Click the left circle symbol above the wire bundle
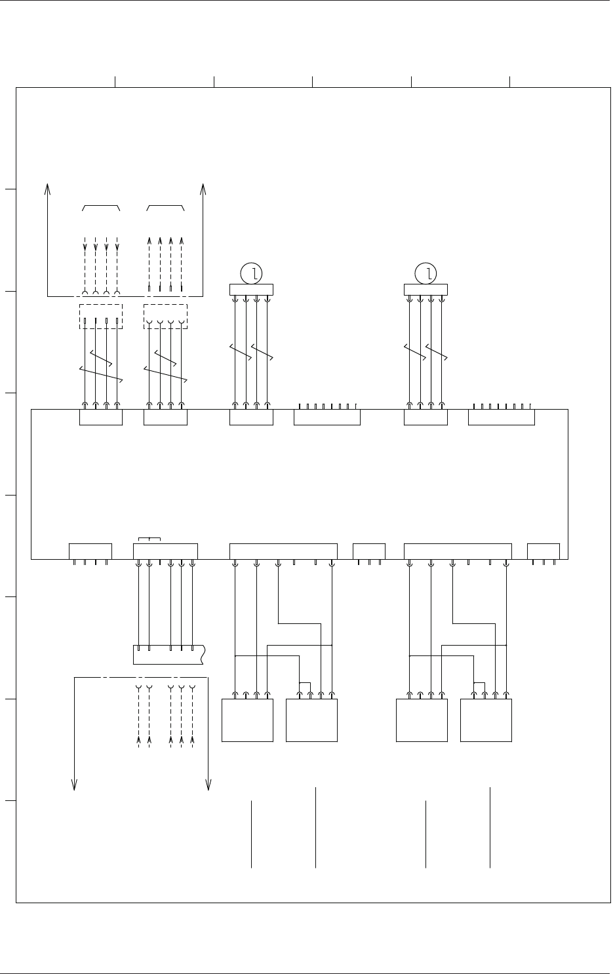tap(251, 273)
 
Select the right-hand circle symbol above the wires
tap(426, 273)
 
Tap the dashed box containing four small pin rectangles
tap(101, 316)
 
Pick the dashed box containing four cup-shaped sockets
tap(165, 316)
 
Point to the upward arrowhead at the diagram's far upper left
tap(48, 189)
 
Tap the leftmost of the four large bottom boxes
tap(248, 720)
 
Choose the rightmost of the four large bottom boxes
tap(486, 720)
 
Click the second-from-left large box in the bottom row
tap(312, 720)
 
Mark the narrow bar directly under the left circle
tap(251, 289)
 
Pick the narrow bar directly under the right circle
tap(426, 289)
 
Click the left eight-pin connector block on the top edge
tap(327, 417)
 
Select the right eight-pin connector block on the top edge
tap(502, 417)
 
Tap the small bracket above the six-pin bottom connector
tap(150, 540)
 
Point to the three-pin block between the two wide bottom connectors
tap(369, 551)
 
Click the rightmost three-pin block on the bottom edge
tap(544, 551)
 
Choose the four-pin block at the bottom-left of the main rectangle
tap(90, 551)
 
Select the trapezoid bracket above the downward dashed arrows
tap(101, 207)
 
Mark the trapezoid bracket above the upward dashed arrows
tap(165, 207)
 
